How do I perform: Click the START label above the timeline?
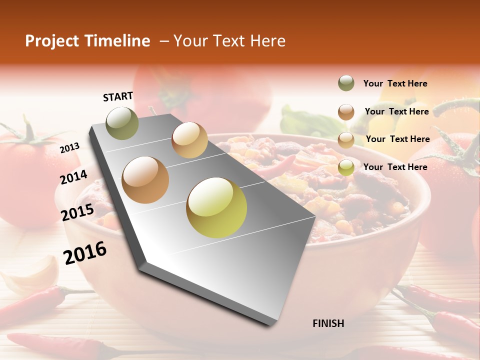pos(118,96)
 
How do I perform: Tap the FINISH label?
pos(328,323)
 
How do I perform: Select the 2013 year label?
pos(70,147)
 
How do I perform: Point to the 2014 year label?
pos(74,177)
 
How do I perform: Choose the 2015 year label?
pos(77,212)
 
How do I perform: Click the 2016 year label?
pos(85,253)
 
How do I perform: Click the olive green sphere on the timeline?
pos(122,122)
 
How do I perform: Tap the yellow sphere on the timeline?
pos(216,207)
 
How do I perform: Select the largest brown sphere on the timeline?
pos(145,180)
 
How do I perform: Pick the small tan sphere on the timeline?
pos(189,140)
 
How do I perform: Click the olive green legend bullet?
pos(346,83)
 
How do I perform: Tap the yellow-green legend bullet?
pos(346,167)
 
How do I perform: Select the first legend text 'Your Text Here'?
pos(395,84)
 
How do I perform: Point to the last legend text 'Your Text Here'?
pos(395,167)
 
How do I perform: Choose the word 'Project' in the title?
pos(51,41)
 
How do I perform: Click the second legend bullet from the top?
pos(346,112)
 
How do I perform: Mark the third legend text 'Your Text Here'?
pos(398,139)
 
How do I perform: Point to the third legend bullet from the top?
pos(346,140)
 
